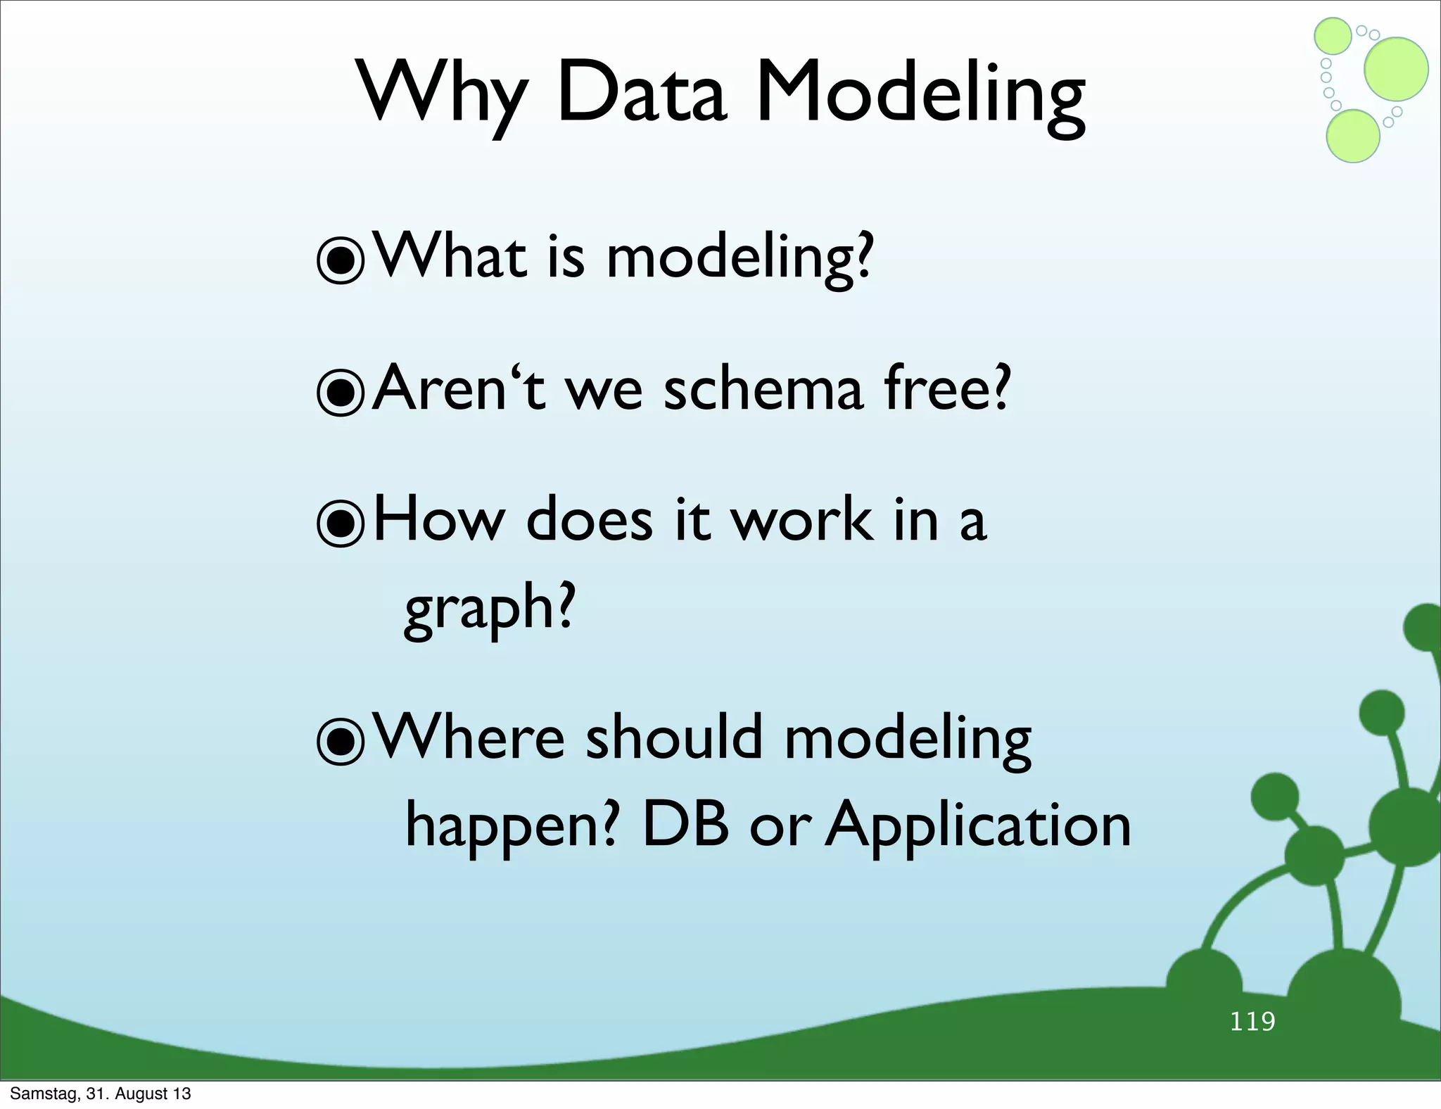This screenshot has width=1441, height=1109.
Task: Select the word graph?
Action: pos(490,609)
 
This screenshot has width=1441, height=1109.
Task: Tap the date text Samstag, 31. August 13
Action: pos(101,1094)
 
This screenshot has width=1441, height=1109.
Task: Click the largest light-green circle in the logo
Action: pos(1396,69)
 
